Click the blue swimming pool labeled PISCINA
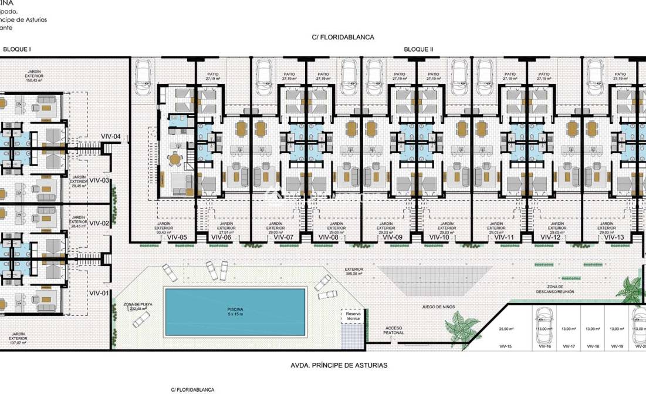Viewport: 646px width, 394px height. [235, 311]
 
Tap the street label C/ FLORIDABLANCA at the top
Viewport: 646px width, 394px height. [343, 37]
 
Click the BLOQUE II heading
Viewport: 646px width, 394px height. [418, 50]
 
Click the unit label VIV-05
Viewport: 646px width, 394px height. [177, 238]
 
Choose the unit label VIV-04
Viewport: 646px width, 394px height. [111, 137]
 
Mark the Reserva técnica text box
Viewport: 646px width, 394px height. [353, 317]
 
